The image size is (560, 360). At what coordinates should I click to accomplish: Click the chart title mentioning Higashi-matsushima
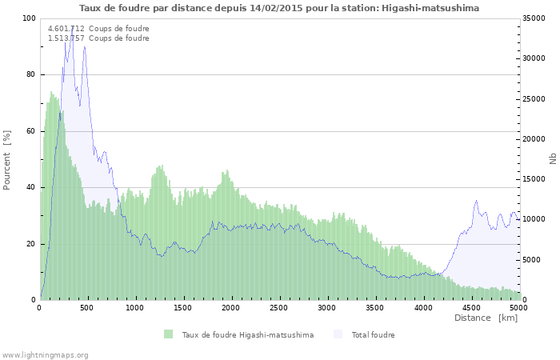click(x=279, y=7)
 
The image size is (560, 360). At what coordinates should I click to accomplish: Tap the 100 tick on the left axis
click(x=30, y=18)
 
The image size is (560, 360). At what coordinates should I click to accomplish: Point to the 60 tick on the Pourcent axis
click(x=31, y=131)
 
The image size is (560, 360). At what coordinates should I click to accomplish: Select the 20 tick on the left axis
click(x=31, y=244)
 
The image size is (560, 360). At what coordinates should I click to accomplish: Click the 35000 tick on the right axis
click(x=534, y=18)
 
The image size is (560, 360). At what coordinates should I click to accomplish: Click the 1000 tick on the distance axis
click(x=135, y=307)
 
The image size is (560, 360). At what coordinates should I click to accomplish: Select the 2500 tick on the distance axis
click(x=279, y=307)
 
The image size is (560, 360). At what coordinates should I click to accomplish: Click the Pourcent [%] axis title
click(x=7, y=159)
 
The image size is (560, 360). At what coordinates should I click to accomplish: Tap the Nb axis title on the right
click(x=552, y=159)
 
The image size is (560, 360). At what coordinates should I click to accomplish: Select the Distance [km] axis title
click(x=486, y=318)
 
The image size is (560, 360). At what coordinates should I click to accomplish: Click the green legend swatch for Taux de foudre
click(x=168, y=334)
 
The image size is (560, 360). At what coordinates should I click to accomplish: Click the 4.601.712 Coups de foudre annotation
click(x=98, y=28)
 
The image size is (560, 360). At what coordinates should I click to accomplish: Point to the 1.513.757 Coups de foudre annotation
click(x=98, y=38)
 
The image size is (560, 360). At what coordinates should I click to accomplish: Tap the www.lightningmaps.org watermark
click(x=45, y=354)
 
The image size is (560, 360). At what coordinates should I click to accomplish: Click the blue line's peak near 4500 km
click(x=477, y=201)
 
